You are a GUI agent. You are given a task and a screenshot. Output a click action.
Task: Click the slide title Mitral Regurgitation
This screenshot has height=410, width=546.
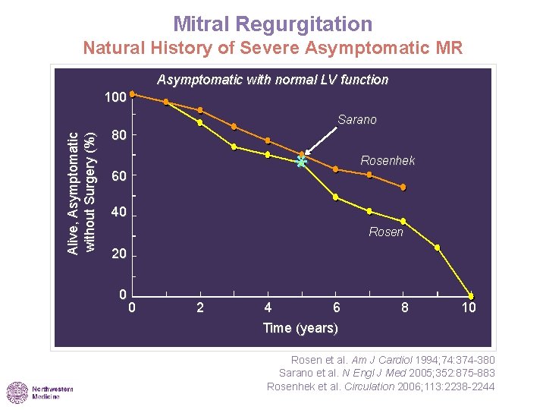click(272, 24)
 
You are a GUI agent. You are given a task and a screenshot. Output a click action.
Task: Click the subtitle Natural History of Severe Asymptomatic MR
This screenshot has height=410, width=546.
click(272, 49)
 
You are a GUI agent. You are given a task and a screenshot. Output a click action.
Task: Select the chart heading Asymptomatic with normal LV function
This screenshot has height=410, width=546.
click(272, 80)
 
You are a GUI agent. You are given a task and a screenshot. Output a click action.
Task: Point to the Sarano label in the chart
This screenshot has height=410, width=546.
click(356, 120)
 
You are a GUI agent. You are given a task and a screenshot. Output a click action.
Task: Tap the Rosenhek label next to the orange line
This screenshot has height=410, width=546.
click(388, 161)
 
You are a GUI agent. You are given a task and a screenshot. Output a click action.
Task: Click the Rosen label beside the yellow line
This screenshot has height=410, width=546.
click(386, 232)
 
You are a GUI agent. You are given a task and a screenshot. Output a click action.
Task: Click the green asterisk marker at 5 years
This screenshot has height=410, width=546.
click(302, 162)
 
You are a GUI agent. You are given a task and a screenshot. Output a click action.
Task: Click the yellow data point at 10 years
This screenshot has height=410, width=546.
click(471, 296)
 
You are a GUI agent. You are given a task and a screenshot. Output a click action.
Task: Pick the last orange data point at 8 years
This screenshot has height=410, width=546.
click(403, 187)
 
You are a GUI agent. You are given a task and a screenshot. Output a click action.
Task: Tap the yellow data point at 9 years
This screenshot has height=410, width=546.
click(437, 248)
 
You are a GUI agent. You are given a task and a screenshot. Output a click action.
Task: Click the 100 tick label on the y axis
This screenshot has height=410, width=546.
click(115, 98)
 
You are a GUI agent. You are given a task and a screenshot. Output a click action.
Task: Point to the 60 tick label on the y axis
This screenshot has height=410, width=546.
click(118, 177)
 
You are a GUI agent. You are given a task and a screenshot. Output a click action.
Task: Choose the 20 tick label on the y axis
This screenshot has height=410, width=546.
click(118, 255)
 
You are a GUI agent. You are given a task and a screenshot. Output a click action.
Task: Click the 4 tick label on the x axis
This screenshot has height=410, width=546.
click(268, 308)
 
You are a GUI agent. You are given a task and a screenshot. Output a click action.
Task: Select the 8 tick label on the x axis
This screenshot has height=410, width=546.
click(404, 308)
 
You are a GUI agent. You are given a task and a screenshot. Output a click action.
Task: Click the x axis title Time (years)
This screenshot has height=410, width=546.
click(300, 328)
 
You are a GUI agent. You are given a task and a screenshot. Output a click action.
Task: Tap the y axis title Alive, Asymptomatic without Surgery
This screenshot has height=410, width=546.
click(81, 193)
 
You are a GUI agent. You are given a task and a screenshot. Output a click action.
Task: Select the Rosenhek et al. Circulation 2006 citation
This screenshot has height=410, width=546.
click(381, 386)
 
